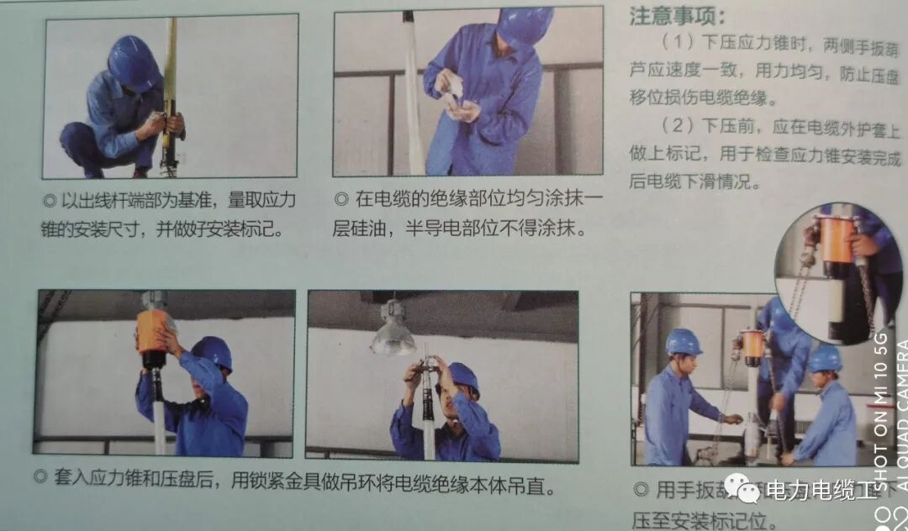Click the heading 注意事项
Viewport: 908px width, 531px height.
(677, 17)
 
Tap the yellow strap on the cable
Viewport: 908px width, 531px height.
(171, 59)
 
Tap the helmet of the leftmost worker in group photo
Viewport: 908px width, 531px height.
(683, 341)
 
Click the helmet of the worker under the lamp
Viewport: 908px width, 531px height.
(462, 376)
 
